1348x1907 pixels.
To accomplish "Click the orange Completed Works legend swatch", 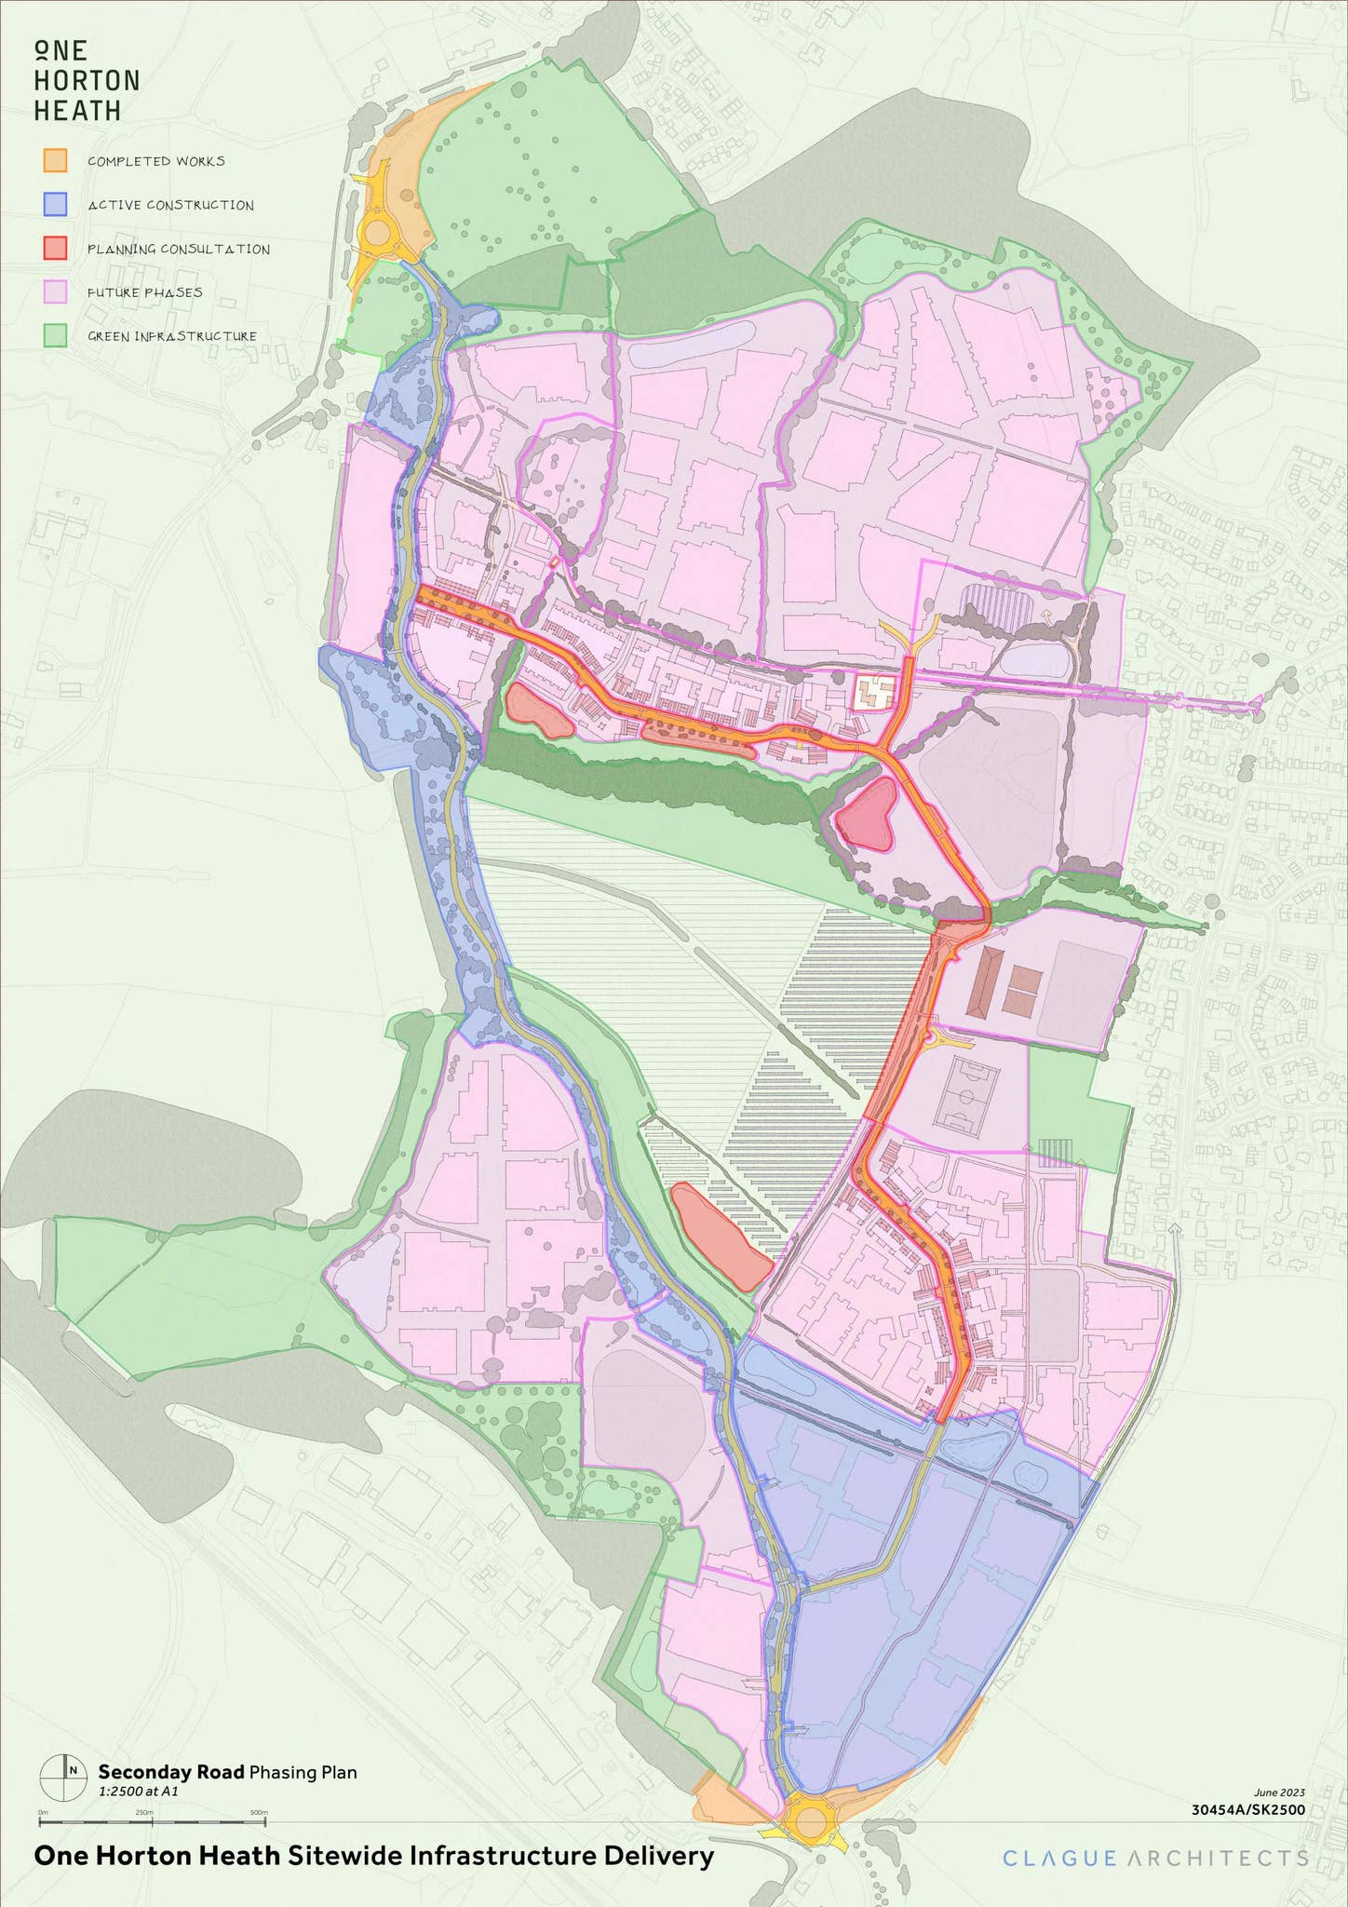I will pos(55,160).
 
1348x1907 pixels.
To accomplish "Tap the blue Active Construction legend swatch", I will pos(55,204).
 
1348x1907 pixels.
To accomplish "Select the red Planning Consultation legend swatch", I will pos(55,248).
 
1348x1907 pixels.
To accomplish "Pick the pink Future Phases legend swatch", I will pos(55,291).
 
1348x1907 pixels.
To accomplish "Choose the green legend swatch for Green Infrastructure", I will pos(55,335).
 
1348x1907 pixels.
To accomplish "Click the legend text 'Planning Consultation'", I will pos(179,250).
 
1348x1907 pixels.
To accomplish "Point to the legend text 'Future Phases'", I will pos(145,292).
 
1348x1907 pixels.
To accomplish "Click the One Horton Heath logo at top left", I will pos(87,81).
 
